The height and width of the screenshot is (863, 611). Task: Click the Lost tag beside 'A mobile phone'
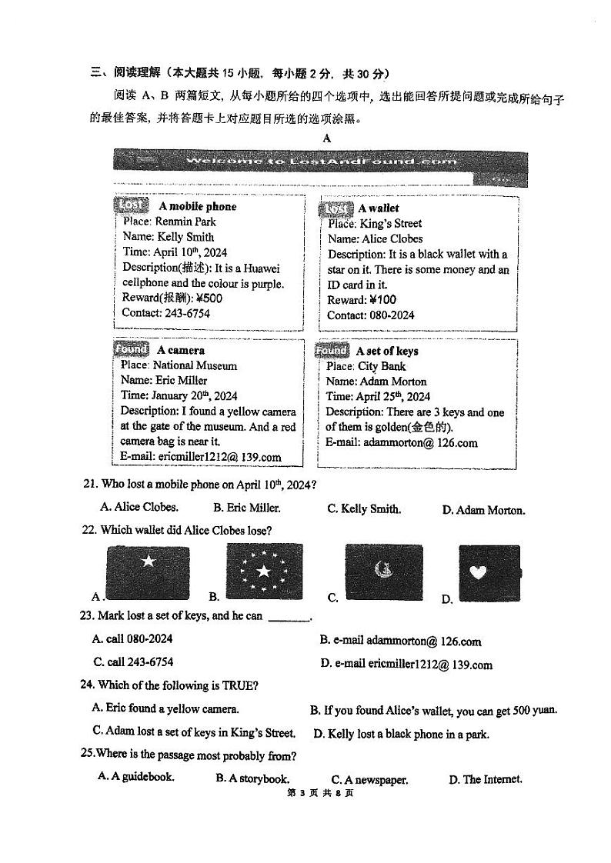coord(131,205)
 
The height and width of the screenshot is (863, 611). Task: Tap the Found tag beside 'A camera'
coord(131,349)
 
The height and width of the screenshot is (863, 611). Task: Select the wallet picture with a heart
coord(489,573)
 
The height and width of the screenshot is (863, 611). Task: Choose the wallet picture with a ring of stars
coord(264,571)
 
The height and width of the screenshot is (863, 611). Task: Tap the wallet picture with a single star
coord(147,570)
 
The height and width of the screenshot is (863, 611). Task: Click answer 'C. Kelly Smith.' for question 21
coord(363,508)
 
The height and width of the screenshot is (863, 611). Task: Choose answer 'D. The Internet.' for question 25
coord(485,779)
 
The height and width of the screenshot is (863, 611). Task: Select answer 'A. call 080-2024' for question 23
coord(132,638)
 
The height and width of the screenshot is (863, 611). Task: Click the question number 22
coord(88,531)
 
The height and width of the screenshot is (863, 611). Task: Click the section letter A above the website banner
coord(326,138)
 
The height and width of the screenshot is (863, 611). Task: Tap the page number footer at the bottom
coord(329,794)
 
